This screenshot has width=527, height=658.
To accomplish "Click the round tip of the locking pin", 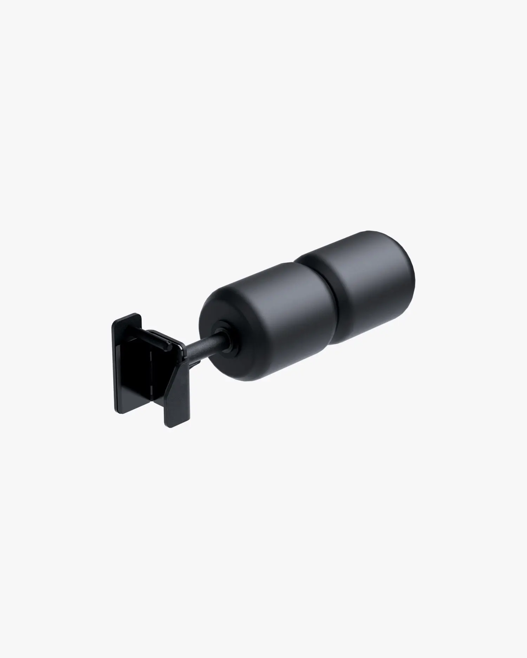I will point(169,347).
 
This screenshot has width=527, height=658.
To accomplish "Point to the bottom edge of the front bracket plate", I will point(177,425).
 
